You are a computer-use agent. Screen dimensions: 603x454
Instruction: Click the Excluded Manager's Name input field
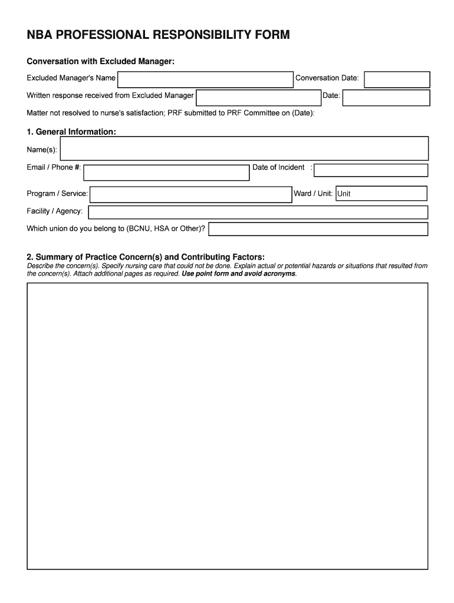[x=205, y=79]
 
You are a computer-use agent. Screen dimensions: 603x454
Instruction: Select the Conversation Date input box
[x=397, y=79]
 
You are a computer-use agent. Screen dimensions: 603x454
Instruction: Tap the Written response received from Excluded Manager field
[x=258, y=97]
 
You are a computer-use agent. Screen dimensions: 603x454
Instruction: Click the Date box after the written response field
[x=386, y=97]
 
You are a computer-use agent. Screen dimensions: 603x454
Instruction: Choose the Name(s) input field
[x=245, y=149]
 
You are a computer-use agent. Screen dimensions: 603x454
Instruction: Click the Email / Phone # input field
[x=166, y=173]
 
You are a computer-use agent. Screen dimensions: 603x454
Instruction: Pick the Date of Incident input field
[x=371, y=170]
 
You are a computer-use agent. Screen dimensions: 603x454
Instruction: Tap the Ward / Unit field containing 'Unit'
[x=381, y=194]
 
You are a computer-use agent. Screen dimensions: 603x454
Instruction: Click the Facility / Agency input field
[x=258, y=212]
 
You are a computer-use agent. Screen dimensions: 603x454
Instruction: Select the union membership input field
[x=318, y=229]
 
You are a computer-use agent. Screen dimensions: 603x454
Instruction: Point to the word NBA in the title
[x=40, y=35]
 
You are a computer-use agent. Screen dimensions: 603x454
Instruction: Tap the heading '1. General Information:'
[x=71, y=131]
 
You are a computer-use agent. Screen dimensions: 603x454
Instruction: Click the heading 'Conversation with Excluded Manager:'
[x=101, y=62]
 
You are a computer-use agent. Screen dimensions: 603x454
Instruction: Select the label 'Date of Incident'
[x=278, y=167]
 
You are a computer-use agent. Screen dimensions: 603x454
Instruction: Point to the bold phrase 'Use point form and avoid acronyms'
[x=239, y=274]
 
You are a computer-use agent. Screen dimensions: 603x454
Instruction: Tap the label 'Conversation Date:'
[x=327, y=78]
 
